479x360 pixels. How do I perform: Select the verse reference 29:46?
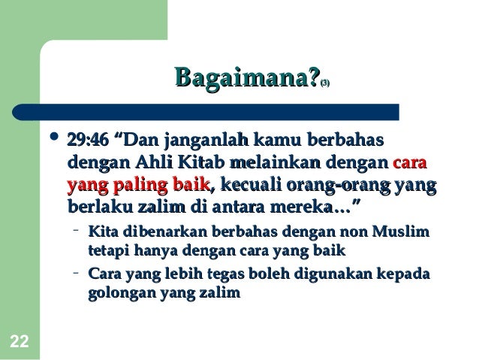click(88, 140)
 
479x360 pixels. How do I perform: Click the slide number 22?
click(20, 342)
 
